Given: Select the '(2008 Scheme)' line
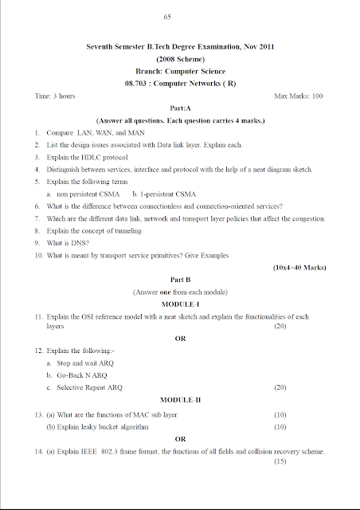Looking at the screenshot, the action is tap(179, 59).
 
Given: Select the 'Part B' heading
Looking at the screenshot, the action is tap(179, 280).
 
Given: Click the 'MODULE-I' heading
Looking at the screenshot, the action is tap(179, 304).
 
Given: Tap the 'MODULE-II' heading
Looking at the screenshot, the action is tap(180, 399).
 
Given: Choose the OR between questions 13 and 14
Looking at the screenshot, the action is tap(180, 439).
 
